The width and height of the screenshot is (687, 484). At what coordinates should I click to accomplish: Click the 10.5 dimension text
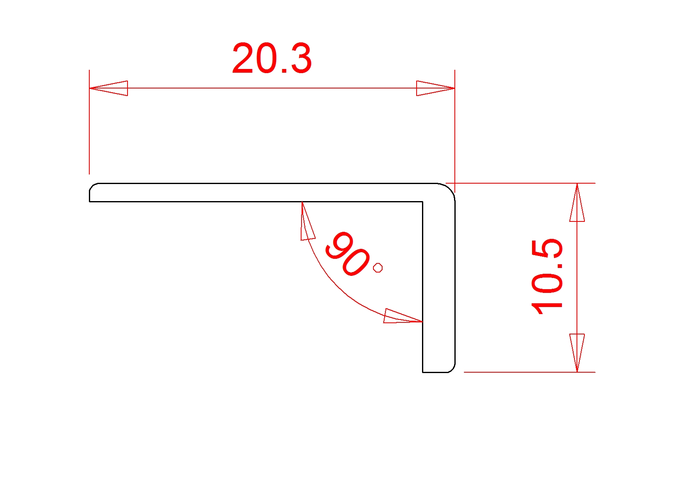pos(547,276)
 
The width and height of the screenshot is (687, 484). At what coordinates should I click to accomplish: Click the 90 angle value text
pos(347,254)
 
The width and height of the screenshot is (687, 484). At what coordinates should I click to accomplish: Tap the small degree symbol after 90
pos(378,268)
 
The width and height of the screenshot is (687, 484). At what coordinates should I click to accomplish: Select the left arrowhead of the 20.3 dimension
pos(109,88)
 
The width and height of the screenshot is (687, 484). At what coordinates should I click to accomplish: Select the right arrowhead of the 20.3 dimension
pos(435,88)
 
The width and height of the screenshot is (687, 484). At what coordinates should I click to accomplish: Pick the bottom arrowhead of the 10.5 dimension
pos(577,352)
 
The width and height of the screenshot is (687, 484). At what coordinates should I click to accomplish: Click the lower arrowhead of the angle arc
pos(401,317)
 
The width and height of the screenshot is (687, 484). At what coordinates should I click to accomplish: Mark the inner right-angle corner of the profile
pos(422,202)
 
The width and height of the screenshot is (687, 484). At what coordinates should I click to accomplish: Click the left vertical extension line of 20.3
pos(89,133)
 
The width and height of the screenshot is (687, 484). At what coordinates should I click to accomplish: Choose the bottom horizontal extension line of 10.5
pos(528,372)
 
